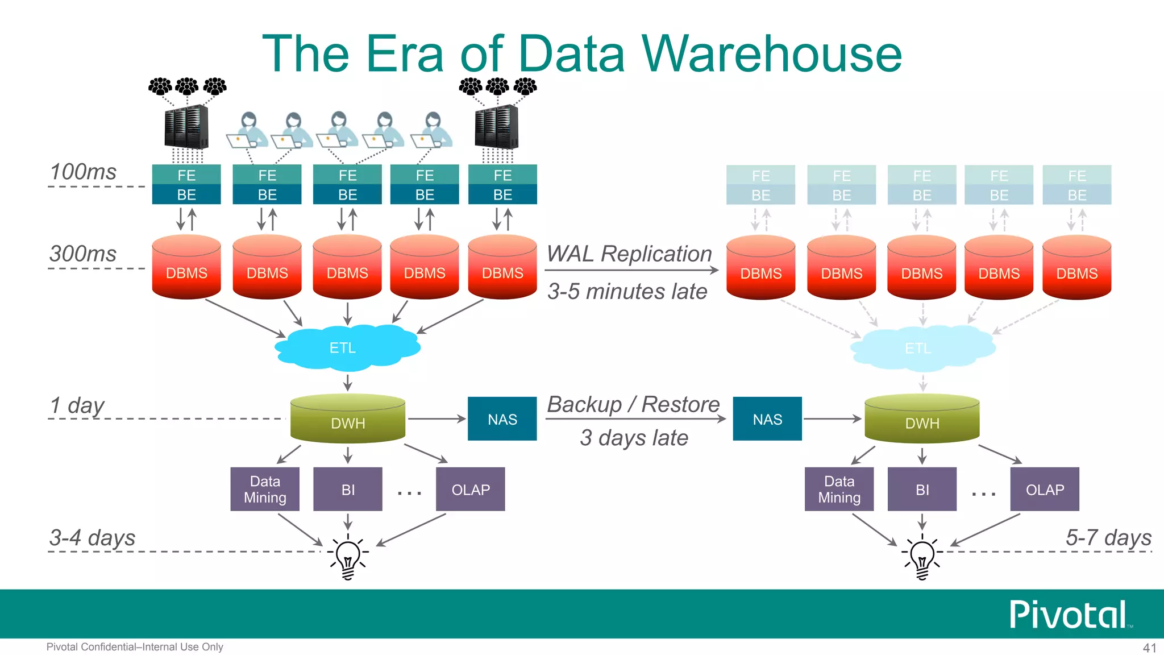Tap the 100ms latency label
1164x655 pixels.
[83, 172]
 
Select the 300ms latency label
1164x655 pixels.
[83, 254]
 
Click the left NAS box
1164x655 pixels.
[502, 419]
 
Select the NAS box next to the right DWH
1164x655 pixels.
[767, 419]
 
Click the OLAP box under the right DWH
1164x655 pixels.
[1045, 489]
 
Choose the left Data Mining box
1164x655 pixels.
[265, 489]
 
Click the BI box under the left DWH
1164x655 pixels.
[348, 489]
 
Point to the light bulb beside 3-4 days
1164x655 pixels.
[348, 557]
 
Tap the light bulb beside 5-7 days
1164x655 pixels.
[922, 557]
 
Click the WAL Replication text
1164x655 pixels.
[629, 254]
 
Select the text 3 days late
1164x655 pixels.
[634, 438]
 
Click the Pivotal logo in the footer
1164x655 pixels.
[1069, 615]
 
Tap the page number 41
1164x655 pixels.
[1149, 648]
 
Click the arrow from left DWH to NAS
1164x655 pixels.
[436, 419]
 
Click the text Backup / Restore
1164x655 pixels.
[633, 404]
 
